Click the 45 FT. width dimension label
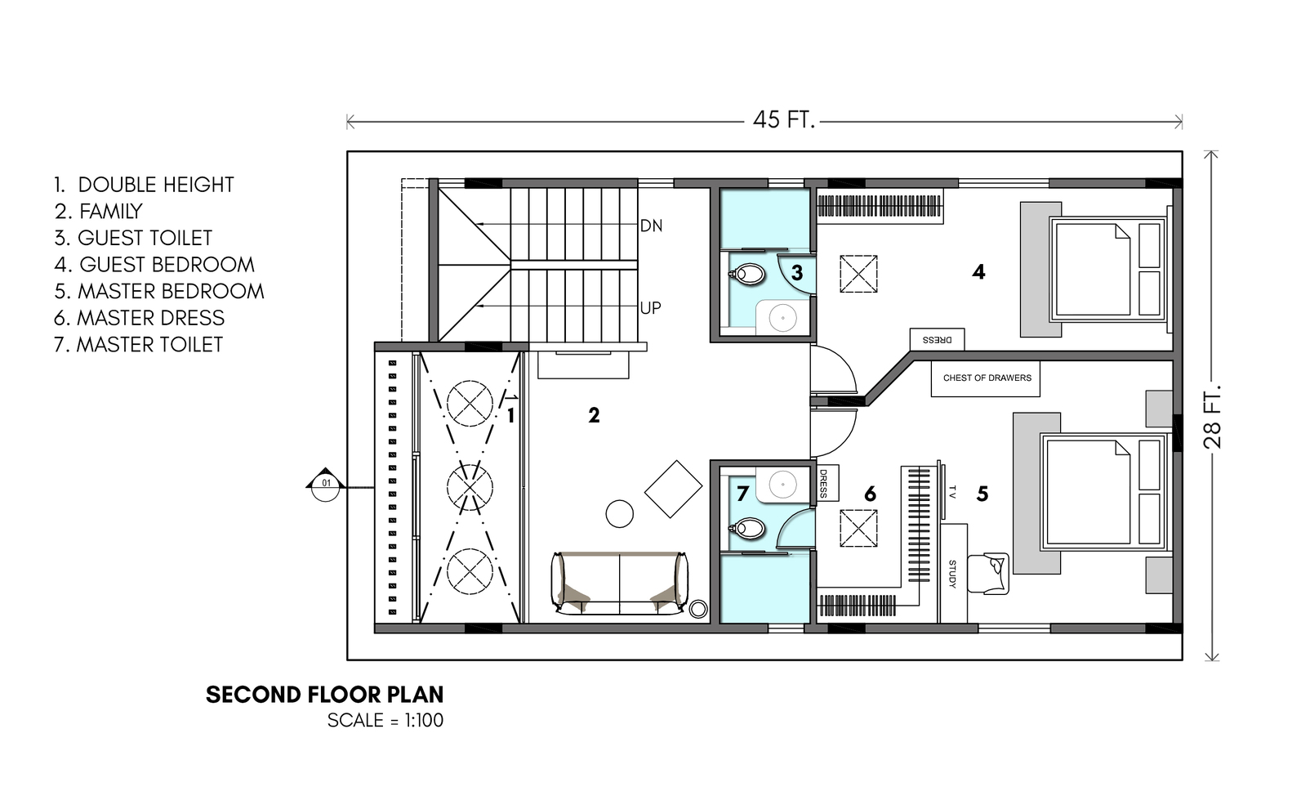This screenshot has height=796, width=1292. (783, 119)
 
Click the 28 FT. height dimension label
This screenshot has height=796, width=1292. (1213, 416)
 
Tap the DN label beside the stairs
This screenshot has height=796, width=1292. (651, 226)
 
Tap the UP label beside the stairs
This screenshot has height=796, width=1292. (651, 308)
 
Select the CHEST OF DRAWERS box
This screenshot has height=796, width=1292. (985, 378)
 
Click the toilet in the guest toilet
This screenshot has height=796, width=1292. (748, 274)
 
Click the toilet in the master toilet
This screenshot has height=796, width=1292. (747, 528)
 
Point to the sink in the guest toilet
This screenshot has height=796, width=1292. (782, 317)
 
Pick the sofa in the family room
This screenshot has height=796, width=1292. (620, 583)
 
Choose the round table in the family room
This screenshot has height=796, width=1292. (620, 513)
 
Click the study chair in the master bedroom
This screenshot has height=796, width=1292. (988, 573)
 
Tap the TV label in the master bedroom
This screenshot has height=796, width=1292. (952, 492)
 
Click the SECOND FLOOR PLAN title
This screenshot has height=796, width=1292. (325, 695)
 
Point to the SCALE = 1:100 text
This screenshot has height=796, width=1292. (385, 720)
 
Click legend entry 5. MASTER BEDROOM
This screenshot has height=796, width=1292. (159, 292)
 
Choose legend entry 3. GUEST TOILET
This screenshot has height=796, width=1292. (133, 238)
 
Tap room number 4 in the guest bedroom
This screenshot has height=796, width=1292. (978, 272)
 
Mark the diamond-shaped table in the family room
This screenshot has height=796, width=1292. (673, 489)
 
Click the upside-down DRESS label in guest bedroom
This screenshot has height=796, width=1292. (938, 340)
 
